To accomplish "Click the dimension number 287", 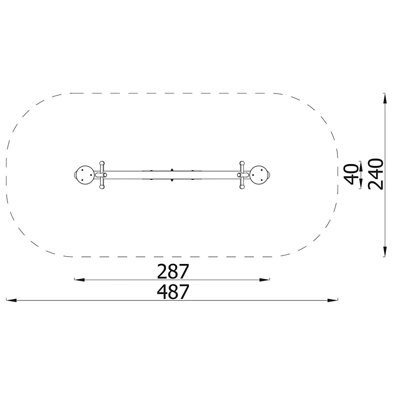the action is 173,271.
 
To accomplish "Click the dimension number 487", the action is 173,292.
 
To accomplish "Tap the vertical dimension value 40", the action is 351,174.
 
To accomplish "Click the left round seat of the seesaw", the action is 85,175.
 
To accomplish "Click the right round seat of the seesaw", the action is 259,175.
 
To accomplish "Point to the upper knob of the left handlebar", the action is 102,163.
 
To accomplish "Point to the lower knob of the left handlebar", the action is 102,187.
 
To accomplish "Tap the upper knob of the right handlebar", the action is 242,163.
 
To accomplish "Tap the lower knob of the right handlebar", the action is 242,187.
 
